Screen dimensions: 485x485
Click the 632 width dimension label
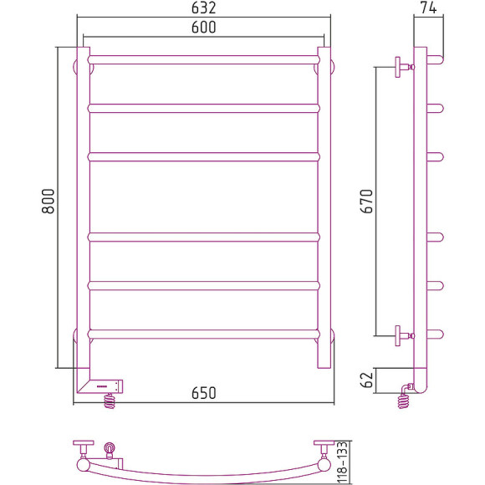pos(203,8)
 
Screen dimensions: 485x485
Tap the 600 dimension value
pos(203,28)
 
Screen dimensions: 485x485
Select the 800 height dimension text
pos(48,201)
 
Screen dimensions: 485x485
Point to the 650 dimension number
pos(203,393)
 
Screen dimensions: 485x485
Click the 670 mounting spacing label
pos(367,201)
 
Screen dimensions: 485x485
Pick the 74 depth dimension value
pos(428,8)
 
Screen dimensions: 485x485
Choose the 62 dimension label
pos(367,380)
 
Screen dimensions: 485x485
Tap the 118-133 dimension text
pos(342,462)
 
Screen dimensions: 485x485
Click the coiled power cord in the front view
pos(110,401)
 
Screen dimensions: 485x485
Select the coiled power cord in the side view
pos(403,401)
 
